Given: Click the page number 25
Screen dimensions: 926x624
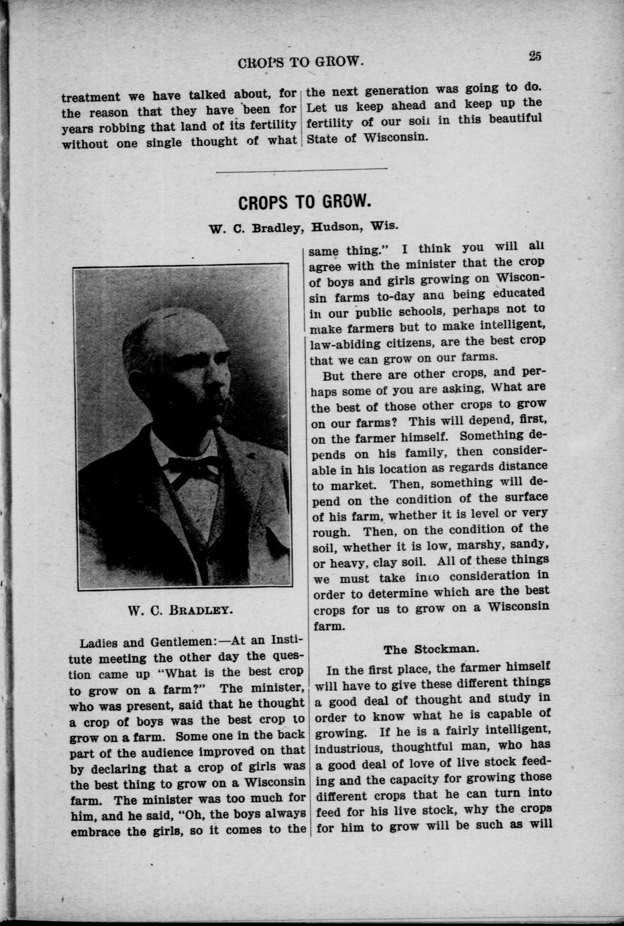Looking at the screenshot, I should [x=535, y=56].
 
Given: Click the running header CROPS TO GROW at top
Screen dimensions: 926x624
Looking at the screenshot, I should [x=301, y=62].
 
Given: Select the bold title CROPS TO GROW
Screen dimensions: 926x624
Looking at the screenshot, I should [x=304, y=201].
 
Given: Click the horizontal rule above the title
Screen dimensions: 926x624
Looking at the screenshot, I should [x=302, y=168].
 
